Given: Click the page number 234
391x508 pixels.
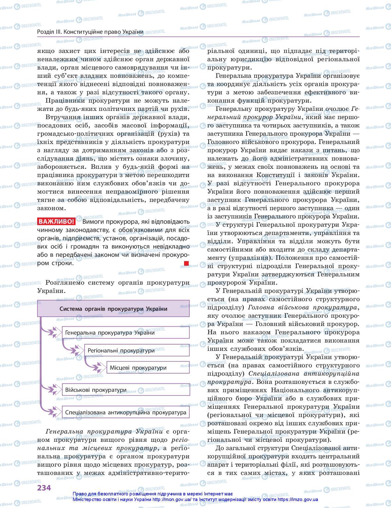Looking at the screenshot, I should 44,488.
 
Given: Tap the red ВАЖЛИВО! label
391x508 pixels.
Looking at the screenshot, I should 56,221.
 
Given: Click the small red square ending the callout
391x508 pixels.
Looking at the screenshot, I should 186,263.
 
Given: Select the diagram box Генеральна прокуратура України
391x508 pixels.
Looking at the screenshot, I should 125,333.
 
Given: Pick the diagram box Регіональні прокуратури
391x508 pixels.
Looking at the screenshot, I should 137,350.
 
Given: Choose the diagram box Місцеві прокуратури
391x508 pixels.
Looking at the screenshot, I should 148,368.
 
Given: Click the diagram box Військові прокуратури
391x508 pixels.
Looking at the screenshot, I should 125,390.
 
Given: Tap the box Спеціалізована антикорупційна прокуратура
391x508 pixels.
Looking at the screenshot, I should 125,412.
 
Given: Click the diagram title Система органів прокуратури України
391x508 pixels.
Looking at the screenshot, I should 113,309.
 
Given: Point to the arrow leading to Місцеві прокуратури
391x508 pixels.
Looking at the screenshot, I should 98,367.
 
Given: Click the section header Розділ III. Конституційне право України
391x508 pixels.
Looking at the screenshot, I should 90,32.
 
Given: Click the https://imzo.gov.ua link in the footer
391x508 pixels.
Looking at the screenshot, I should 298,500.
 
